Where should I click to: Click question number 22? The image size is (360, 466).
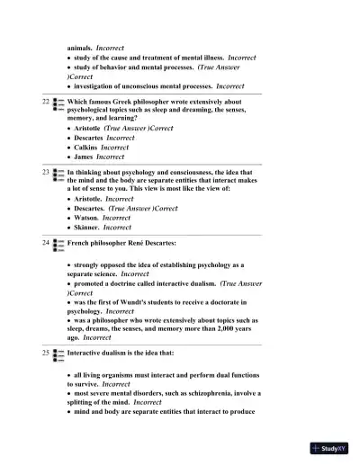45,102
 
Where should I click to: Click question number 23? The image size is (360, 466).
45,169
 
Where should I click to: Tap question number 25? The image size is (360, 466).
45,354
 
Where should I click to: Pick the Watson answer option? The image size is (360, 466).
90,218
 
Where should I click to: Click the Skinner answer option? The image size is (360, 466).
91,228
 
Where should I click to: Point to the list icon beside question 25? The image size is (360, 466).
58,354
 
